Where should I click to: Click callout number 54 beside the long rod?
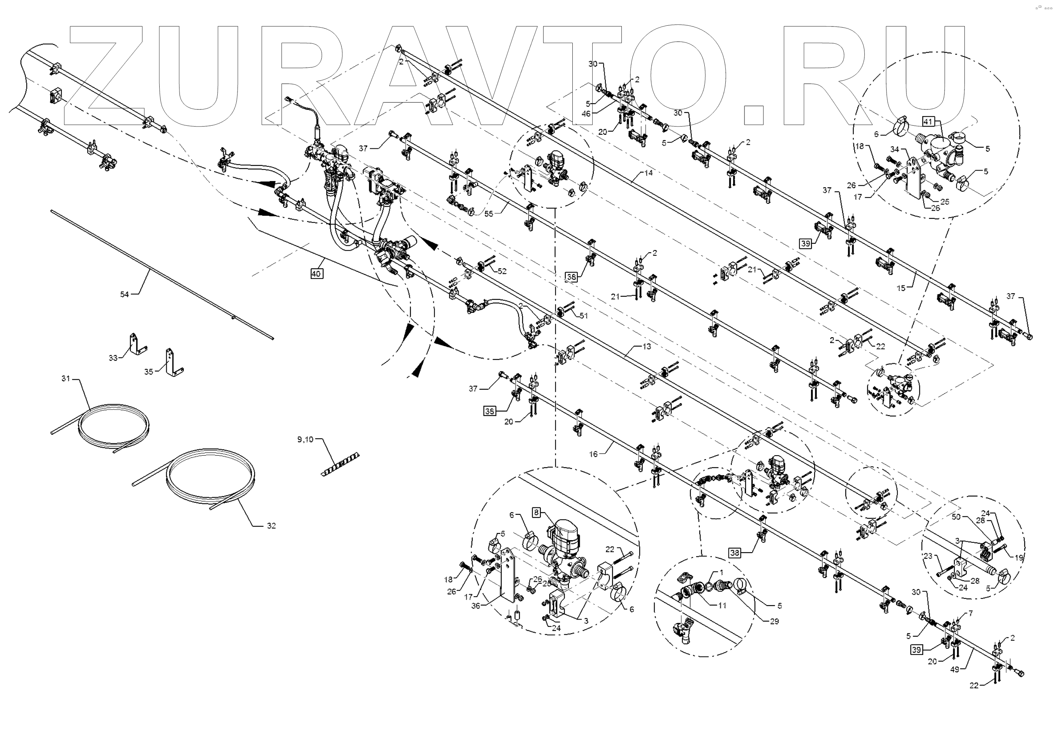[x=124, y=294]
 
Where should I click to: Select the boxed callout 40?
[x=316, y=274]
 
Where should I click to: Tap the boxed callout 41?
[x=928, y=122]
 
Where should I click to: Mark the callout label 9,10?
[x=305, y=440]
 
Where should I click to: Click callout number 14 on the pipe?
[x=649, y=173]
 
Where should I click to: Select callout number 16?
[x=593, y=454]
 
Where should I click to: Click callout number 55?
[x=488, y=214]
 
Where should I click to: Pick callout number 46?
[x=586, y=114]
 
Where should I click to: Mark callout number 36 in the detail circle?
[x=475, y=606]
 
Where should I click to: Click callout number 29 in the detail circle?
[x=774, y=621]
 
